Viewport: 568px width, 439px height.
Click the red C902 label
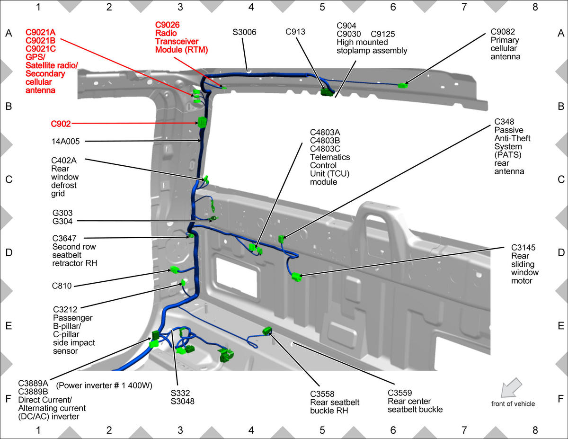pyautogui.click(x=61, y=124)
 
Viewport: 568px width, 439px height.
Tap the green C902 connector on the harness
pyautogui.click(x=202, y=122)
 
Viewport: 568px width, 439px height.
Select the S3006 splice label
pyautogui.click(x=244, y=32)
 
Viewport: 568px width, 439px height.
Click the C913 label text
pyautogui.click(x=295, y=32)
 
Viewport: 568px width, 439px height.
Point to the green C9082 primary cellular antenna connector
pyautogui.click(x=402, y=85)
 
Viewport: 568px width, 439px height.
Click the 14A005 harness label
pyautogui.click(x=65, y=142)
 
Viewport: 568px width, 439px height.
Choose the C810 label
pyautogui.click(x=62, y=286)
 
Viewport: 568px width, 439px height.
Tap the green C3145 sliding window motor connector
pyautogui.click(x=296, y=277)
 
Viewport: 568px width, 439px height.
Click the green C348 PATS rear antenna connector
pyautogui.click(x=281, y=239)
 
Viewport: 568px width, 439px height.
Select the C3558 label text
pyautogui.click(x=322, y=394)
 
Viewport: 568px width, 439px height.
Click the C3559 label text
pyautogui.click(x=399, y=393)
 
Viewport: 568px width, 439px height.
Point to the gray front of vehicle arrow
pyautogui.click(x=511, y=387)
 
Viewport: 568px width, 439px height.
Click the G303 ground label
pyautogui.click(x=62, y=213)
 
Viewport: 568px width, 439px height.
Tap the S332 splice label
pyautogui.click(x=180, y=393)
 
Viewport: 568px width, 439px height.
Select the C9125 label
pyautogui.click(x=382, y=34)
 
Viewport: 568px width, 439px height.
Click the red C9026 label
pyautogui.click(x=167, y=25)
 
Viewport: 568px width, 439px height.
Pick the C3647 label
pyautogui.click(x=64, y=239)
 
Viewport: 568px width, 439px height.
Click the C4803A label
pyautogui.click(x=325, y=132)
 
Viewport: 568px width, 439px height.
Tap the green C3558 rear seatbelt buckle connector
pyautogui.click(x=267, y=331)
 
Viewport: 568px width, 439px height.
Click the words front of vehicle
pyautogui.click(x=513, y=403)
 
